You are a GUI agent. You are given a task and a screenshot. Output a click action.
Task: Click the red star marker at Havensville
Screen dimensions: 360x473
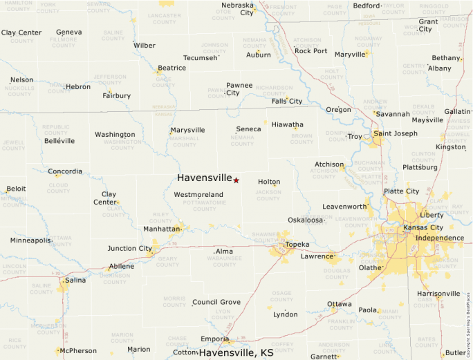[236, 180]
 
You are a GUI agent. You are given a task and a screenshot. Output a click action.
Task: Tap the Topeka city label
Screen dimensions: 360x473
[297, 245]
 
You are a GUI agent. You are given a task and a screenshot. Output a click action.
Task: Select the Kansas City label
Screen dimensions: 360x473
[423, 227]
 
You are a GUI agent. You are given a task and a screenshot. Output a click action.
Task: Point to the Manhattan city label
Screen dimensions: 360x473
[162, 229]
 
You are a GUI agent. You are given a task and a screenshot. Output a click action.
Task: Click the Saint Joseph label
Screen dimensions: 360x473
[396, 133]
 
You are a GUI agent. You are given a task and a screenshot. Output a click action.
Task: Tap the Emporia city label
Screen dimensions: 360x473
[214, 339]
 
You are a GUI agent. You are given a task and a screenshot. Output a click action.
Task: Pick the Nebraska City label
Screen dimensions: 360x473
[237, 9]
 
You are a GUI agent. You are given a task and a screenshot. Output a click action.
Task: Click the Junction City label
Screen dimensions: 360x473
[129, 249]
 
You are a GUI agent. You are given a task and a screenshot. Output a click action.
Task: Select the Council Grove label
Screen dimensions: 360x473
[216, 302]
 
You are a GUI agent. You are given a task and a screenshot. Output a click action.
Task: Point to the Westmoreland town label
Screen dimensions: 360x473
[198, 195]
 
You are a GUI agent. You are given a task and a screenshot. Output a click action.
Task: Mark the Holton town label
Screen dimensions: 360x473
[269, 182]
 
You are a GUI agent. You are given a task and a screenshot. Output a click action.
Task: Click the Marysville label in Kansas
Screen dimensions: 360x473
[188, 130]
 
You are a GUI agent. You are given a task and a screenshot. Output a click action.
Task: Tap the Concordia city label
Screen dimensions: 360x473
[65, 171]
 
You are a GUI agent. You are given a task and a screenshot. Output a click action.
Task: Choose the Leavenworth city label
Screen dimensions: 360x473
[344, 207]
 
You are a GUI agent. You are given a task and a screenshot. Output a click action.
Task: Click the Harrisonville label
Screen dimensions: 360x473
[438, 294]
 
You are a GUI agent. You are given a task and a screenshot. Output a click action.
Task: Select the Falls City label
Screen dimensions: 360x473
[287, 101]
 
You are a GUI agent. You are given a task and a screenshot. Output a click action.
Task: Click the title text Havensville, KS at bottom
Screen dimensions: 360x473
[236, 352]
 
